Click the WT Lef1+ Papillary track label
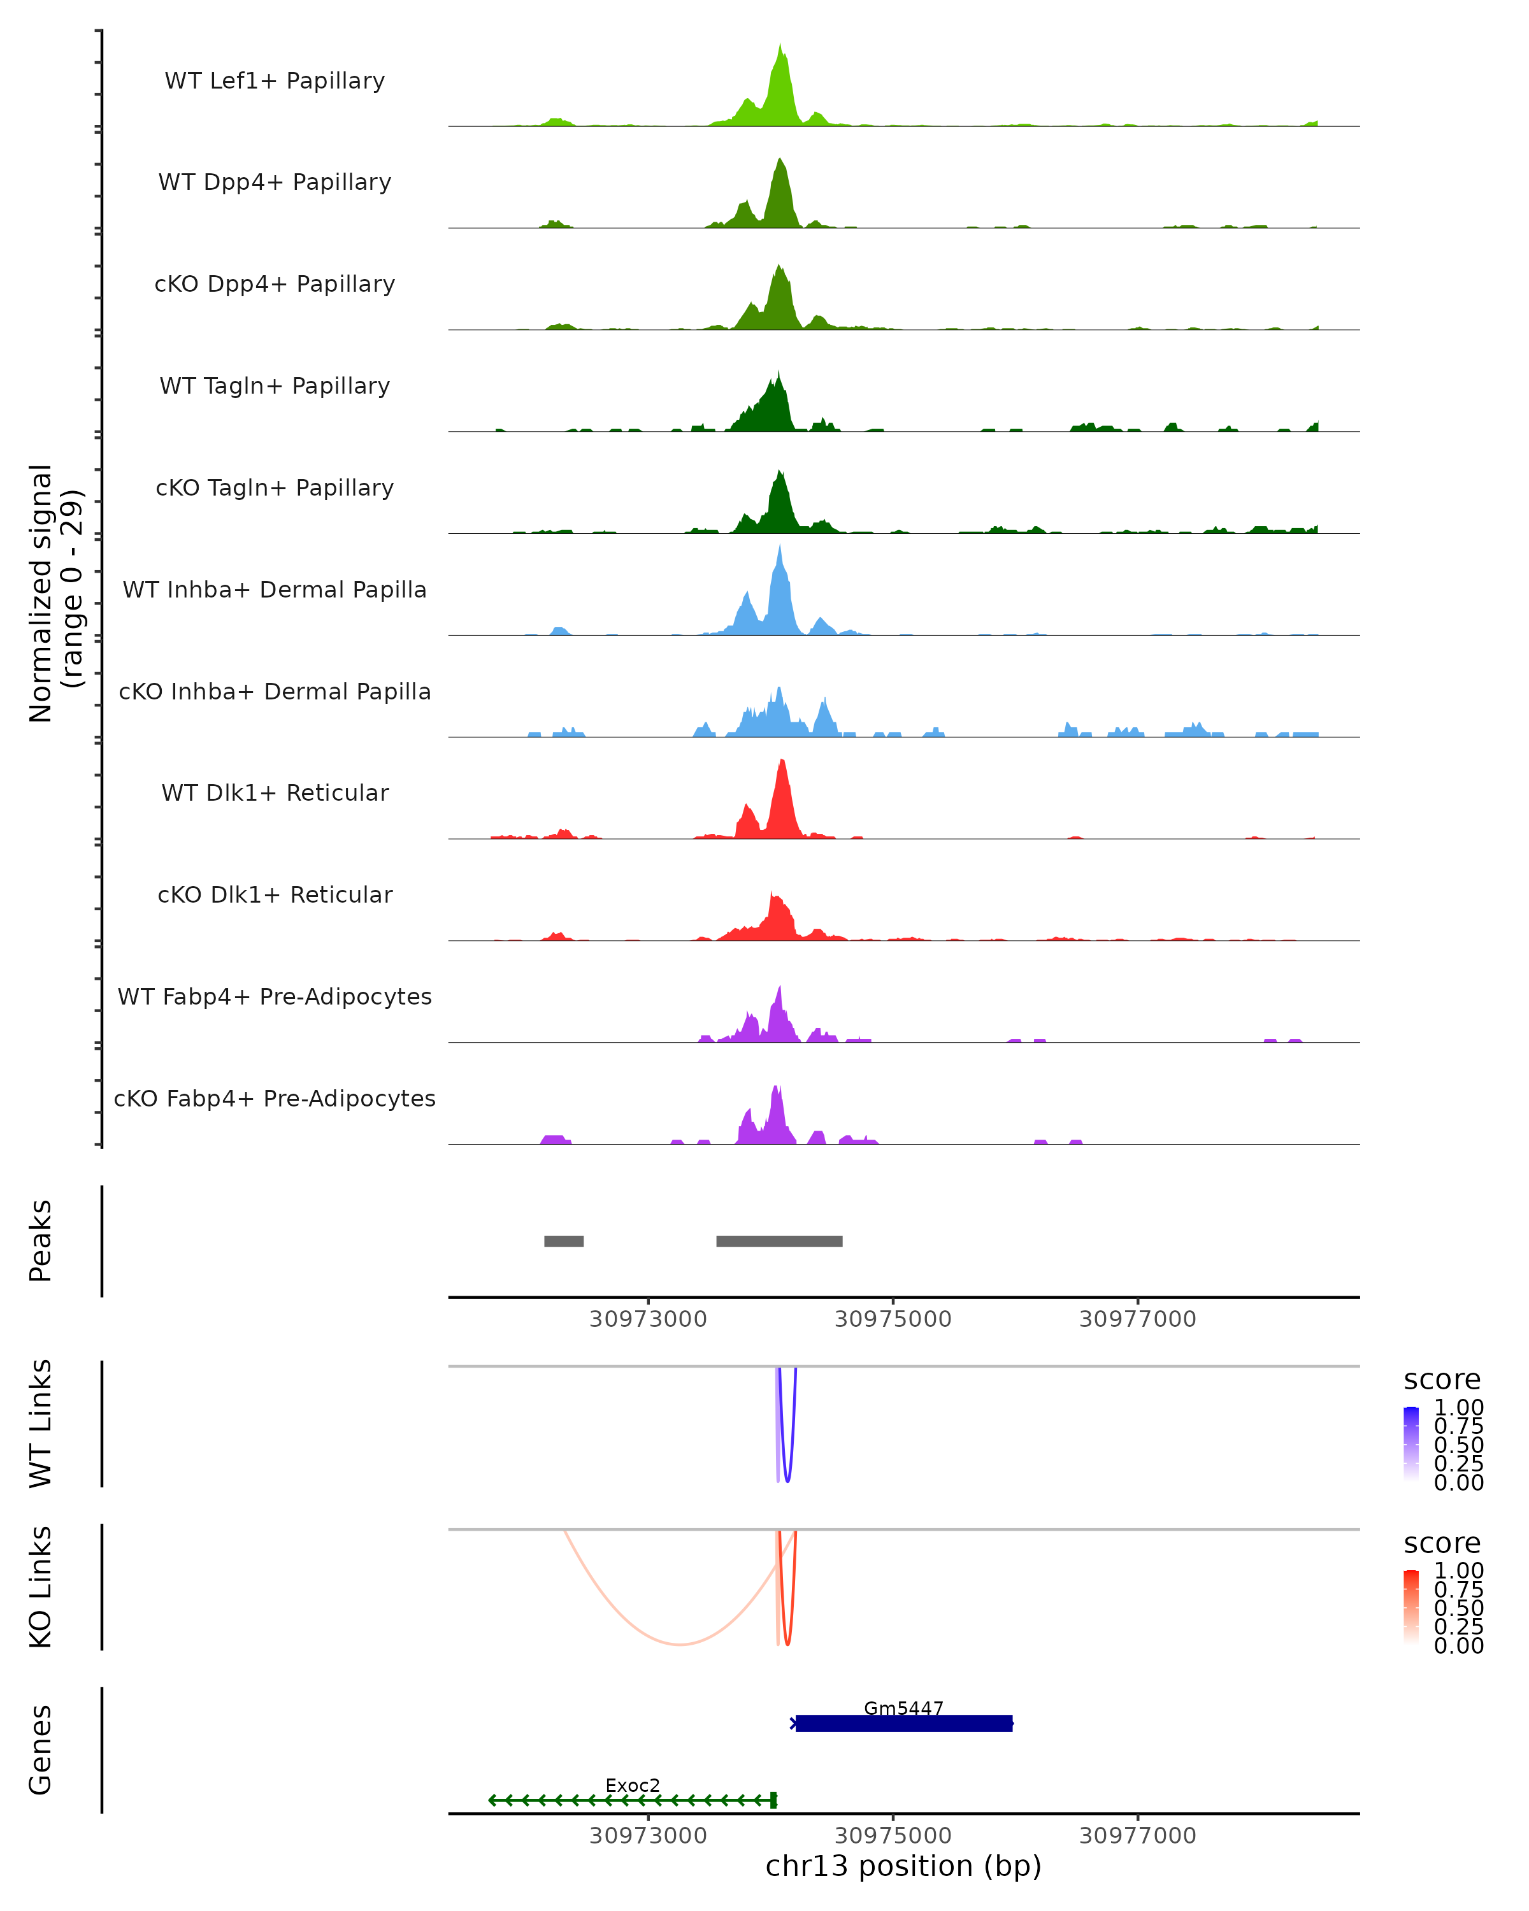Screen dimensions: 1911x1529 [275, 81]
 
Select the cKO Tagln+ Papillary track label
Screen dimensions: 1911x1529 [275, 487]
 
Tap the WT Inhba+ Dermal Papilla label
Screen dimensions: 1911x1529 [275, 589]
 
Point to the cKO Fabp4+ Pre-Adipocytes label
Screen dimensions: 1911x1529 [275, 1098]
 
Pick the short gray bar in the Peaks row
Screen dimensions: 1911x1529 [564, 1241]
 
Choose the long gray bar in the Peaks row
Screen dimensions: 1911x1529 [779, 1241]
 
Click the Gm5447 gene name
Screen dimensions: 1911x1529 [903, 1708]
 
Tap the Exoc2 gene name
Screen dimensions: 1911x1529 [633, 1785]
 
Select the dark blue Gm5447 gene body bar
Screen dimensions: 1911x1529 [904, 1724]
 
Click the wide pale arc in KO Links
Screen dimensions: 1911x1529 [679, 1644]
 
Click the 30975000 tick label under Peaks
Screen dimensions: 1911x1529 [893, 1319]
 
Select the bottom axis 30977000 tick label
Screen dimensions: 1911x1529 [1137, 1836]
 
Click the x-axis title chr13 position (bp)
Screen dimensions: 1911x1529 [903, 1866]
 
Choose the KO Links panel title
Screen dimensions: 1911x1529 [41, 1587]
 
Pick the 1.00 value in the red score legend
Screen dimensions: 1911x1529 [1459, 1570]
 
